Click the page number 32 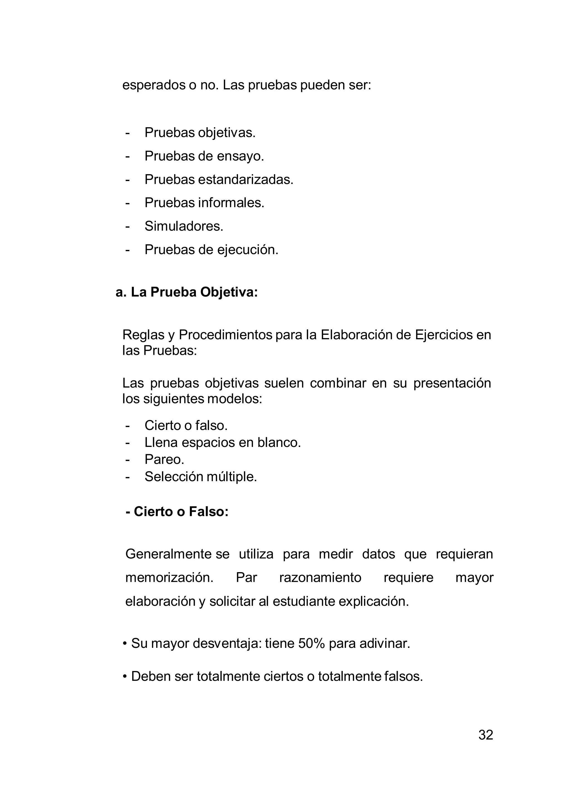485,735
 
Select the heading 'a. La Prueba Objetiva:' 187,292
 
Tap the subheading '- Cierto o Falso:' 177,511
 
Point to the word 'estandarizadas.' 245,180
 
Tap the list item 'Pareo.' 164,459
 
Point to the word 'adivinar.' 385,643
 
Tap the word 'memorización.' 169,577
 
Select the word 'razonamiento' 320,577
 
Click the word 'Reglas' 143,335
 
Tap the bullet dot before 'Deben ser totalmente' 125,677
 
